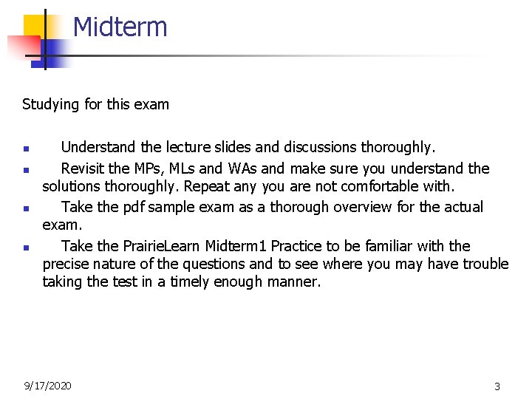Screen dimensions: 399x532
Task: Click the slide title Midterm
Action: pos(120,27)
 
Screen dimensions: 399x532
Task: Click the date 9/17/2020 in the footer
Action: pos(47,385)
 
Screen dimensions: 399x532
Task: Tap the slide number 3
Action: pos(497,386)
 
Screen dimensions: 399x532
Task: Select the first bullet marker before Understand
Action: pos(26,149)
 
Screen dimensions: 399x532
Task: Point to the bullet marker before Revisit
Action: pos(26,169)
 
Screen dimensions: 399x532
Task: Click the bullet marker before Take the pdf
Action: pos(26,208)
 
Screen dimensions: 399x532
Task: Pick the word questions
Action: pos(213,264)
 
